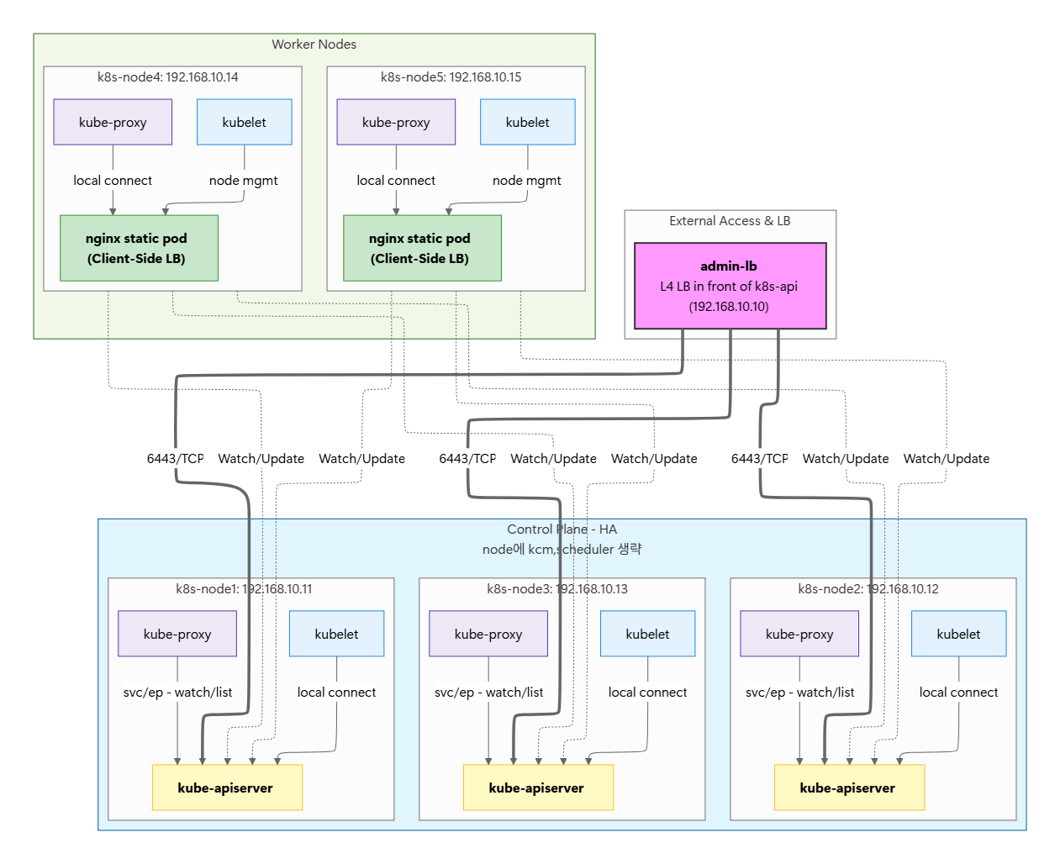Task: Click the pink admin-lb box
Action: point(730,286)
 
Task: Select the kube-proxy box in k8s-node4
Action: point(113,122)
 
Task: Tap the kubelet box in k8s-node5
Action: point(527,122)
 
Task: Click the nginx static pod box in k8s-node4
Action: point(139,248)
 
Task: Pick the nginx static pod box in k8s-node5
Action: point(422,248)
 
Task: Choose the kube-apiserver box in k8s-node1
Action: point(227,788)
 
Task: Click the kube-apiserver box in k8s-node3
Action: point(538,788)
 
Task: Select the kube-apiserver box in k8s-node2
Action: point(849,788)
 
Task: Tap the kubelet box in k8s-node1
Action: point(336,634)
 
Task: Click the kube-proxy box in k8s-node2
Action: point(799,634)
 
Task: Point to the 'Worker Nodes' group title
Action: point(314,45)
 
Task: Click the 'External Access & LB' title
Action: point(730,221)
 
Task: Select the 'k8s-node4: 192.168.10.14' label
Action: point(168,76)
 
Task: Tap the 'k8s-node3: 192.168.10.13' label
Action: point(557,588)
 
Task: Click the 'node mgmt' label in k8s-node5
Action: point(527,181)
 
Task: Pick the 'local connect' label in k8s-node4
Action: point(113,181)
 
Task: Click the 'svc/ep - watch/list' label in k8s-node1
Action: point(177,692)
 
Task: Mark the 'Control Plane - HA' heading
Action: point(562,529)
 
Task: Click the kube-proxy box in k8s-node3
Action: point(488,634)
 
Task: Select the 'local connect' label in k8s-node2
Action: point(958,692)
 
